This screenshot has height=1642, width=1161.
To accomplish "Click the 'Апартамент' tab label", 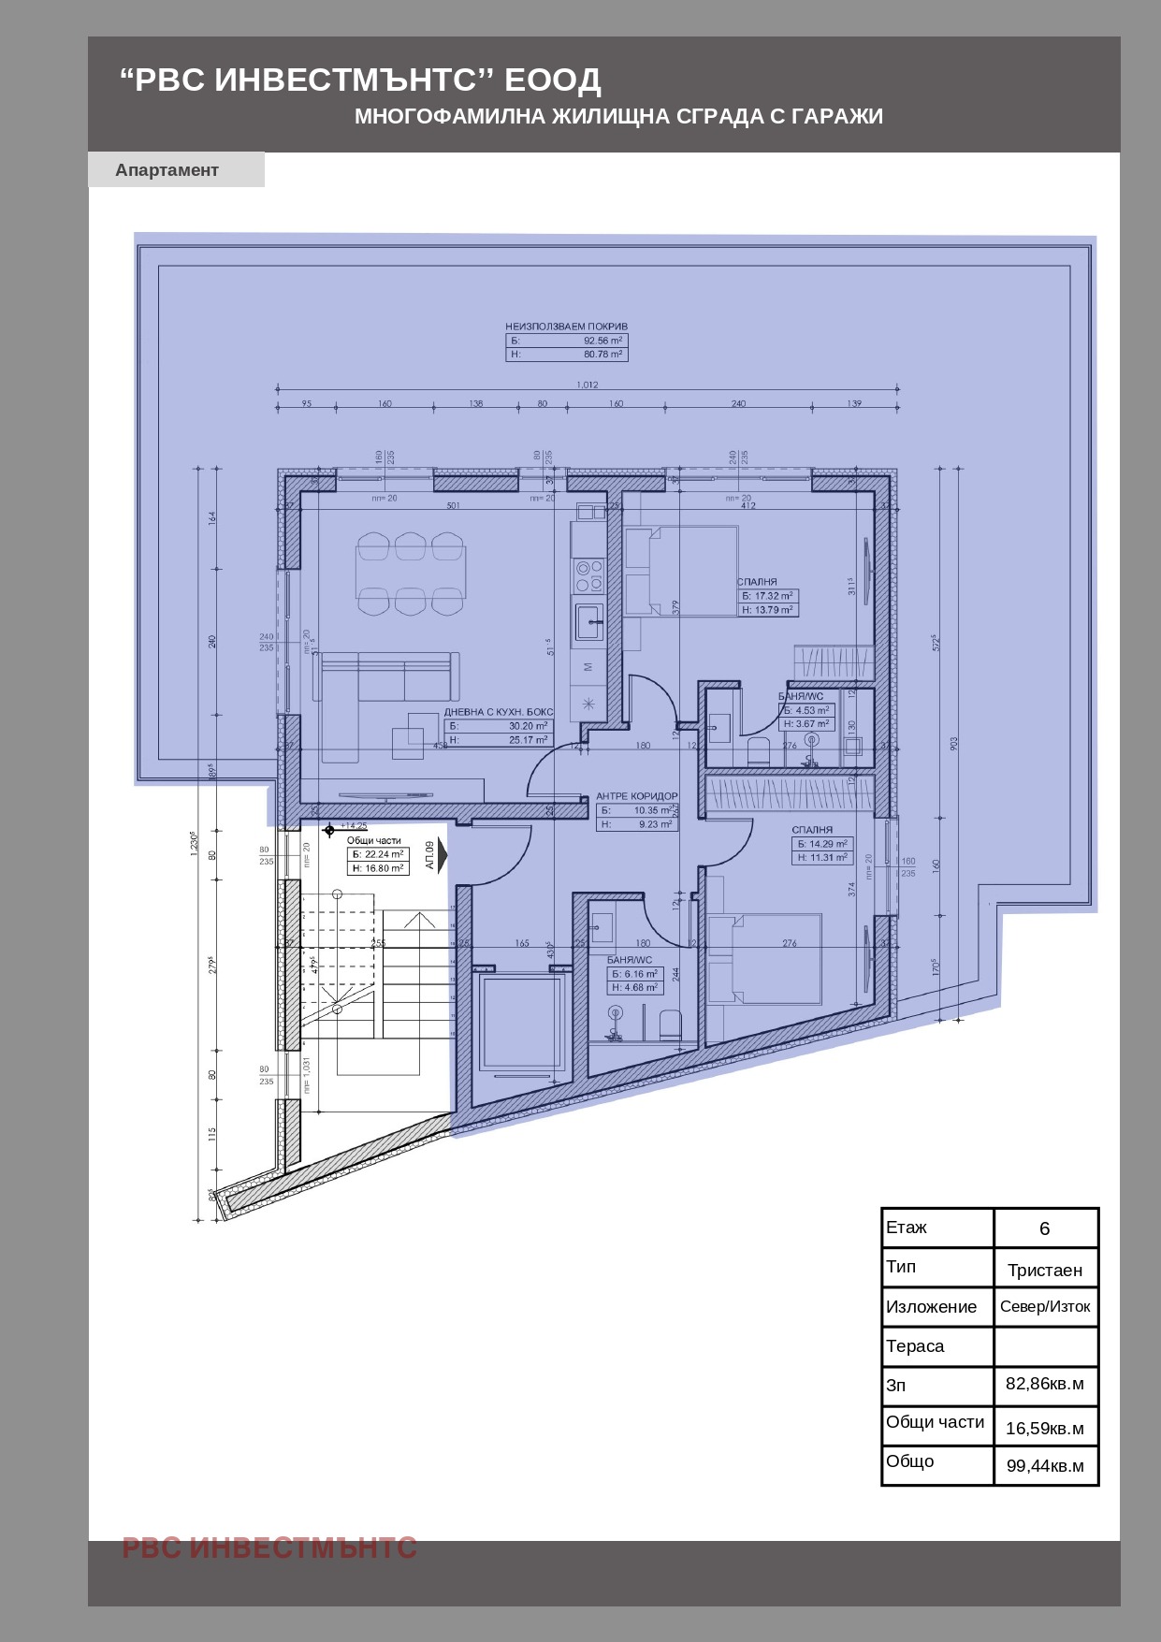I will [167, 170].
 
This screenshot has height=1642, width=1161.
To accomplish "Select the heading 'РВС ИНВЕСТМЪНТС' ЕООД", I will [360, 80].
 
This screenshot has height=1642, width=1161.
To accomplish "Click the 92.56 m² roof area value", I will [602, 341].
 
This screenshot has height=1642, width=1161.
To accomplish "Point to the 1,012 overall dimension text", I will [587, 385].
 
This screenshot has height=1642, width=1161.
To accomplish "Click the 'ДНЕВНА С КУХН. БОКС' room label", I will [498, 712].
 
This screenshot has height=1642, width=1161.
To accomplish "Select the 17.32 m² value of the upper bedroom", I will [774, 596].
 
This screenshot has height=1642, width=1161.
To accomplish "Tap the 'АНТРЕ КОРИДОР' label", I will [636, 796].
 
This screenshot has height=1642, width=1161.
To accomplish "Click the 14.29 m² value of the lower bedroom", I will [828, 844].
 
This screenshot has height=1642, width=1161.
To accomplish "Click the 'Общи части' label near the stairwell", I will [373, 840].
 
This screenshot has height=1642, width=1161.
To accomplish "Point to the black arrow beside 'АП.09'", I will [443, 855].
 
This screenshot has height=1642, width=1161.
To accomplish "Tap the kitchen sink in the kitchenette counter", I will [588, 620].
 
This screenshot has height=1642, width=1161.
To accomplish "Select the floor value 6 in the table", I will [1044, 1228].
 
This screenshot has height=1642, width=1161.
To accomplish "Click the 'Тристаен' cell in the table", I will [1044, 1270].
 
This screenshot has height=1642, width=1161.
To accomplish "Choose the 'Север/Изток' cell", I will [1044, 1307].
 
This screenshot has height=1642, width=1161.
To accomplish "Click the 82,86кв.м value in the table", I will [1044, 1384].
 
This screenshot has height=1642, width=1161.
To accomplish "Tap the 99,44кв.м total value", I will [1044, 1466].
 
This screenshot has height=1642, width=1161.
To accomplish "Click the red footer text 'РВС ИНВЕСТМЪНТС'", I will [269, 1548].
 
